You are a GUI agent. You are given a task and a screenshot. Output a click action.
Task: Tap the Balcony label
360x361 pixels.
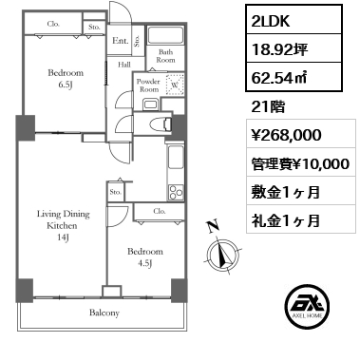pos(104,313)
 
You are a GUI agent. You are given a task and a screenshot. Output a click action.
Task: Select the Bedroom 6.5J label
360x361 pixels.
pos(66,78)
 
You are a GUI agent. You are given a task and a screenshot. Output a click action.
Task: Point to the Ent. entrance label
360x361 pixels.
pos(121,41)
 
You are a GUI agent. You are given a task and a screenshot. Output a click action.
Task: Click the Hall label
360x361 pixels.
pos(124,66)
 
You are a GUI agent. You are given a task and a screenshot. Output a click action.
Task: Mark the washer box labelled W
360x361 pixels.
pos(174,85)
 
